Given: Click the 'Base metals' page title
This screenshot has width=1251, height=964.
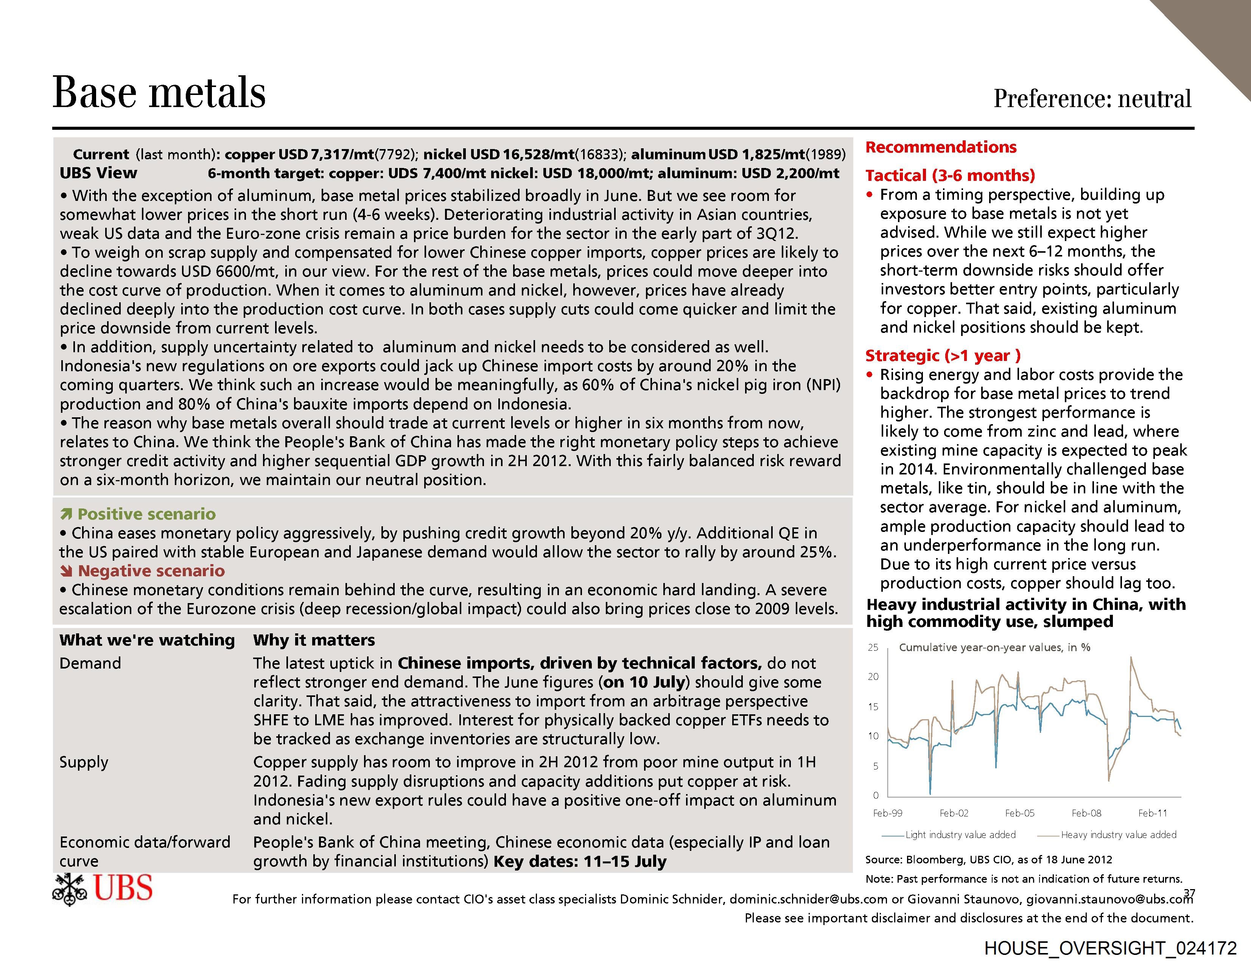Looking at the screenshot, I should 159,92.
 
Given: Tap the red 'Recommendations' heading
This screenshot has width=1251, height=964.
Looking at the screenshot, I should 941,147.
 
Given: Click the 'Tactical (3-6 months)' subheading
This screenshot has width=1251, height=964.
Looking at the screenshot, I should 950,175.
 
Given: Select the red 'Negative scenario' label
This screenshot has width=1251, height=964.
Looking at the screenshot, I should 151,571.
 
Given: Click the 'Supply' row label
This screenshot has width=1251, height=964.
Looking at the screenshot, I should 84,762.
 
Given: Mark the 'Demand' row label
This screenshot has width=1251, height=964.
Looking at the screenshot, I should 90,663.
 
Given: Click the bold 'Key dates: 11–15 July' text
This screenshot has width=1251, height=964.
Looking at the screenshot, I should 580,861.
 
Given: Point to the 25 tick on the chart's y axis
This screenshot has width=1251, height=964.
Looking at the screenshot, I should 873,647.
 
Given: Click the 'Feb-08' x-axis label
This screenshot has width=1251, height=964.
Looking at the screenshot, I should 1087,813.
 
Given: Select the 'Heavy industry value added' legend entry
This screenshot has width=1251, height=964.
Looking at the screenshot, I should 1118,835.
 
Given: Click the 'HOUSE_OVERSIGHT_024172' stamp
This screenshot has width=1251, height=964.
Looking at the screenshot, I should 1111,948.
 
